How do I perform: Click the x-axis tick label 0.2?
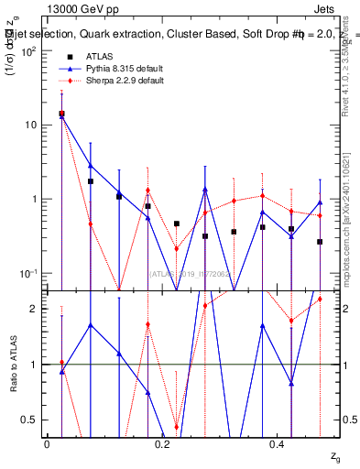click(162, 443)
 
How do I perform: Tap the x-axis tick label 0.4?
click(278, 443)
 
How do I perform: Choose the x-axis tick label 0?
click(47, 443)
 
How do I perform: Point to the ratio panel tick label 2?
click(33, 309)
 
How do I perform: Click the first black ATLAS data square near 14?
click(61, 114)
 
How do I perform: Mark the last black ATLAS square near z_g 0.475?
click(320, 242)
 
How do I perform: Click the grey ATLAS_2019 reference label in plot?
click(183, 272)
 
